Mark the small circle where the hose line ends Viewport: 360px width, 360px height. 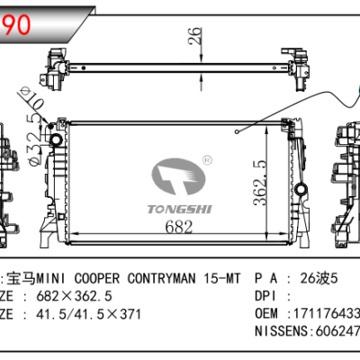[x=236, y=132]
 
